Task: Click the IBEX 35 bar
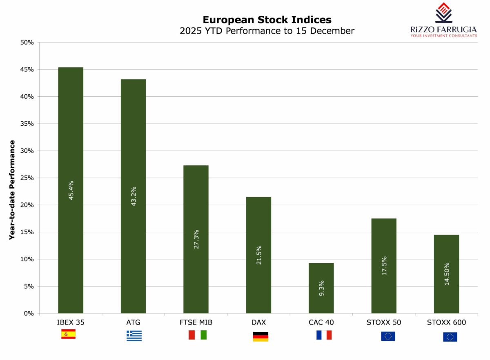71,190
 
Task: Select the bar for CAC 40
321,288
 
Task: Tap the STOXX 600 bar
446,274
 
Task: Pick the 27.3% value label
196,239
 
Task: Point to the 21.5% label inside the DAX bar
258,255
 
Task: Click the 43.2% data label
133,196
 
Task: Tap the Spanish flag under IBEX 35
68,334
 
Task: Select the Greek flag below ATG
134,336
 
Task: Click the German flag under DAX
261,336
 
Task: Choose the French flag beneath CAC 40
324,335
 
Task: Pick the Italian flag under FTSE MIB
198,335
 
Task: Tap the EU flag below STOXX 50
388,336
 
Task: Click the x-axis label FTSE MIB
196,322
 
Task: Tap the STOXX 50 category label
384,322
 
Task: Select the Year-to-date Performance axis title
12,190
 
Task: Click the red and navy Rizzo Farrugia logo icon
443,12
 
